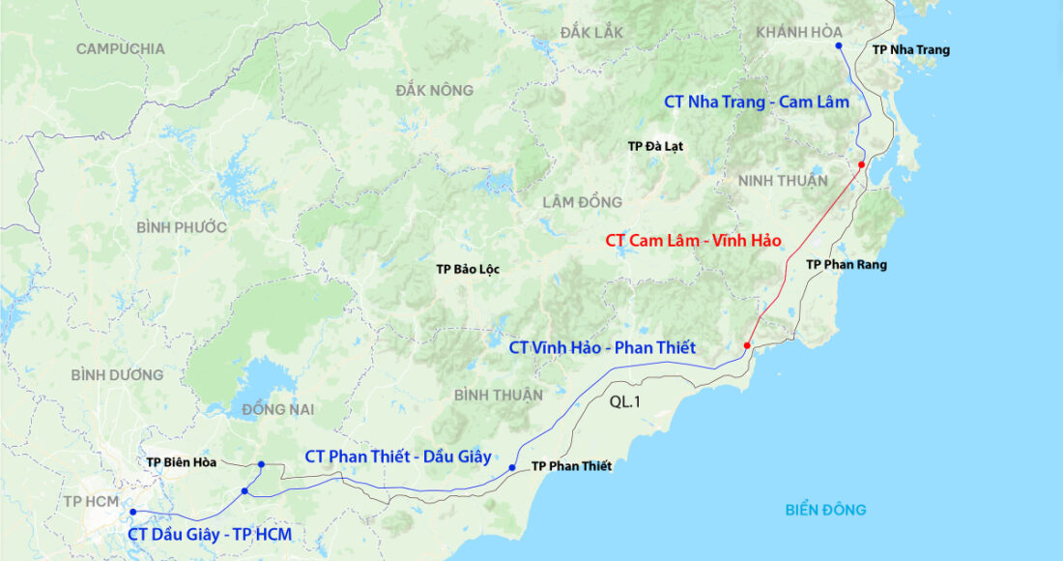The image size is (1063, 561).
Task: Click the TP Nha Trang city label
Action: coord(910,50)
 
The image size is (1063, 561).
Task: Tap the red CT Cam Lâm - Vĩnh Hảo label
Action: coord(693,240)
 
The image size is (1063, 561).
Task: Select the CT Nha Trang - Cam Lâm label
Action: coord(757,102)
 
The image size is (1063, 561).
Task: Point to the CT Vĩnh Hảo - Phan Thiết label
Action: coord(602,347)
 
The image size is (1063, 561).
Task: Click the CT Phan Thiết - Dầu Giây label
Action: coord(398,457)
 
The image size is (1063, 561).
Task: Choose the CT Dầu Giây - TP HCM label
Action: coord(210,534)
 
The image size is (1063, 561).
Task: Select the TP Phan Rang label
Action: coord(847,264)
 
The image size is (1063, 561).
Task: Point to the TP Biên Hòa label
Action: coord(182,462)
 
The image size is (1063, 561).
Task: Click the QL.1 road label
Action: coord(625,401)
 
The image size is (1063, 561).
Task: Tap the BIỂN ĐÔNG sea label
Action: coord(825,510)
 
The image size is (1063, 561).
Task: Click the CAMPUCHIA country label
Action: coord(120,48)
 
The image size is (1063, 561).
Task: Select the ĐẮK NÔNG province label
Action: coord(434,91)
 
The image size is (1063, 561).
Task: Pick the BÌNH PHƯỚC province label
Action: coord(181,227)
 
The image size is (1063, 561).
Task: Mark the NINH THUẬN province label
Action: coord(783,181)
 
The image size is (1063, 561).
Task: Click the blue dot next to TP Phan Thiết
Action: coord(512,468)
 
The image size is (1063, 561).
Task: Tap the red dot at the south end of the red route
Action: coord(747,345)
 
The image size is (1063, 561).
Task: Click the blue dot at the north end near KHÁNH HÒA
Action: coord(839,46)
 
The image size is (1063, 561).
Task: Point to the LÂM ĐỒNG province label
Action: coord(582,202)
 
